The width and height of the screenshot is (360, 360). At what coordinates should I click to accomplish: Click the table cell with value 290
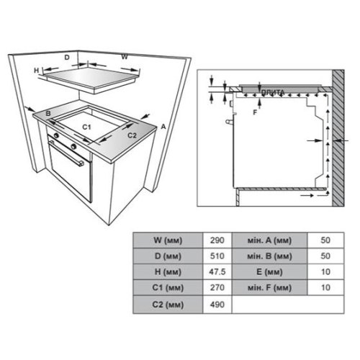(217, 240)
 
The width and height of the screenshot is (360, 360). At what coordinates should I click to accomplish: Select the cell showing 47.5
(217, 271)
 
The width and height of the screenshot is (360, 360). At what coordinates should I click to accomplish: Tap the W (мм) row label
(168, 240)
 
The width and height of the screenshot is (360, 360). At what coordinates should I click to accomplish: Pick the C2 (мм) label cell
(168, 305)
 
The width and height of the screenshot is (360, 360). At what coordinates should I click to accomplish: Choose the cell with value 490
(217, 305)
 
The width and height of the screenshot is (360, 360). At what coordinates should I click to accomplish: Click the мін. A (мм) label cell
(269, 240)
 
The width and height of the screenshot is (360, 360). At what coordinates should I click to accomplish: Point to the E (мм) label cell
(269, 271)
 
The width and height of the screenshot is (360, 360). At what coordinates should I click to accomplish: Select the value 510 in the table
(217, 256)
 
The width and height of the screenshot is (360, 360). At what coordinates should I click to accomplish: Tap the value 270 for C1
(217, 287)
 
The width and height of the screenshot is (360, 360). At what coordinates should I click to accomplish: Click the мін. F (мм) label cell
(269, 287)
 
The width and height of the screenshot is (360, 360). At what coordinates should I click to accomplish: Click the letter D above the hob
(67, 58)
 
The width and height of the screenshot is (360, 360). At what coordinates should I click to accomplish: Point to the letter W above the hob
(125, 57)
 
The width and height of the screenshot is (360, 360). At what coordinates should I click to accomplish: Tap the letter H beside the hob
(37, 71)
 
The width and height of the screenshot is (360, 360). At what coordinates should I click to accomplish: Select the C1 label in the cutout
(86, 127)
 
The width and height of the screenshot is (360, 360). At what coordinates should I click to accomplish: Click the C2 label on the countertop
(132, 135)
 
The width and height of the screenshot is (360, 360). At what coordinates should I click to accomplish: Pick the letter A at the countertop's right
(163, 127)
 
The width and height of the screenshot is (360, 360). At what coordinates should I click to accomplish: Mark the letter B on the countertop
(48, 114)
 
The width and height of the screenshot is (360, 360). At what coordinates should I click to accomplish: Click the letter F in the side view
(255, 112)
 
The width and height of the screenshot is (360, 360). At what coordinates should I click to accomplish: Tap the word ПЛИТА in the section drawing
(273, 92)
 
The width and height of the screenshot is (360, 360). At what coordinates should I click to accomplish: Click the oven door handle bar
(66, 153)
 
